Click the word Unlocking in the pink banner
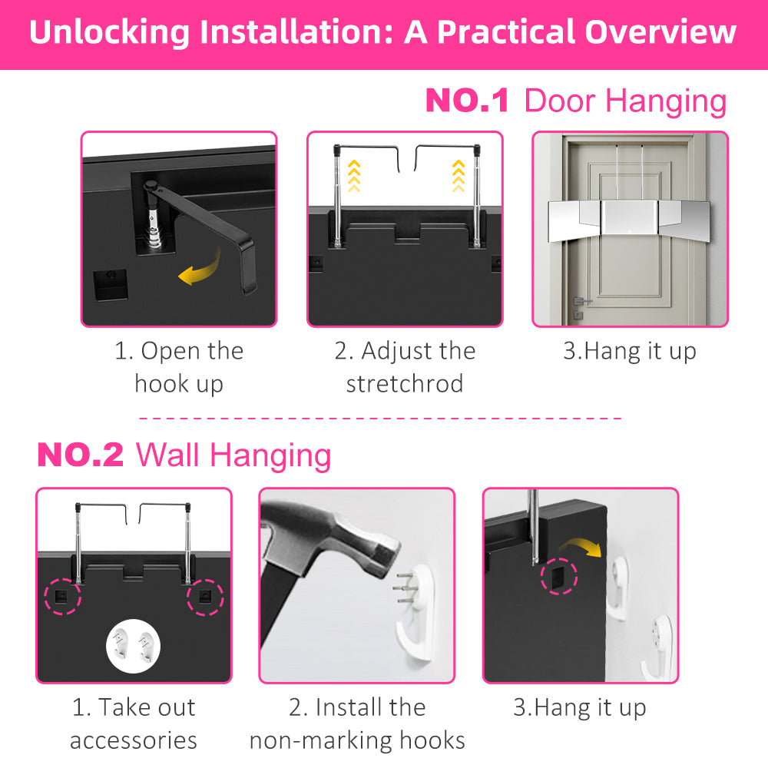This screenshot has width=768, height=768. tap(109, 33)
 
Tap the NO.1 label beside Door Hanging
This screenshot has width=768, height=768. tap(467, 101)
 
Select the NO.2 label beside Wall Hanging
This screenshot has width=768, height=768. tap(81, 455)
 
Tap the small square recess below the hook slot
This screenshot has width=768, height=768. tap(111, 285)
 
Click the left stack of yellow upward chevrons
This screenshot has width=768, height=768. tap(353, 176)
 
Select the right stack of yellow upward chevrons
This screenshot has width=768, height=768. tap(458, 176)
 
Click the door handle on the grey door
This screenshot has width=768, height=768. tap(581, 301)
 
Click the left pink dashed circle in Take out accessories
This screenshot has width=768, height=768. tap(63, 596)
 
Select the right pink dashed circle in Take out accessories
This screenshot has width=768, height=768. tap(205, 597)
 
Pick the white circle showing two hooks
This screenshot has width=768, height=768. tap(133, 646)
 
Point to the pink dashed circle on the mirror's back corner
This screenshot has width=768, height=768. tap(559, 576)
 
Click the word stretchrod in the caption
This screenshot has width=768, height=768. tap(405, 383)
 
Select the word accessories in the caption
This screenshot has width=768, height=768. tap(133, 740)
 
